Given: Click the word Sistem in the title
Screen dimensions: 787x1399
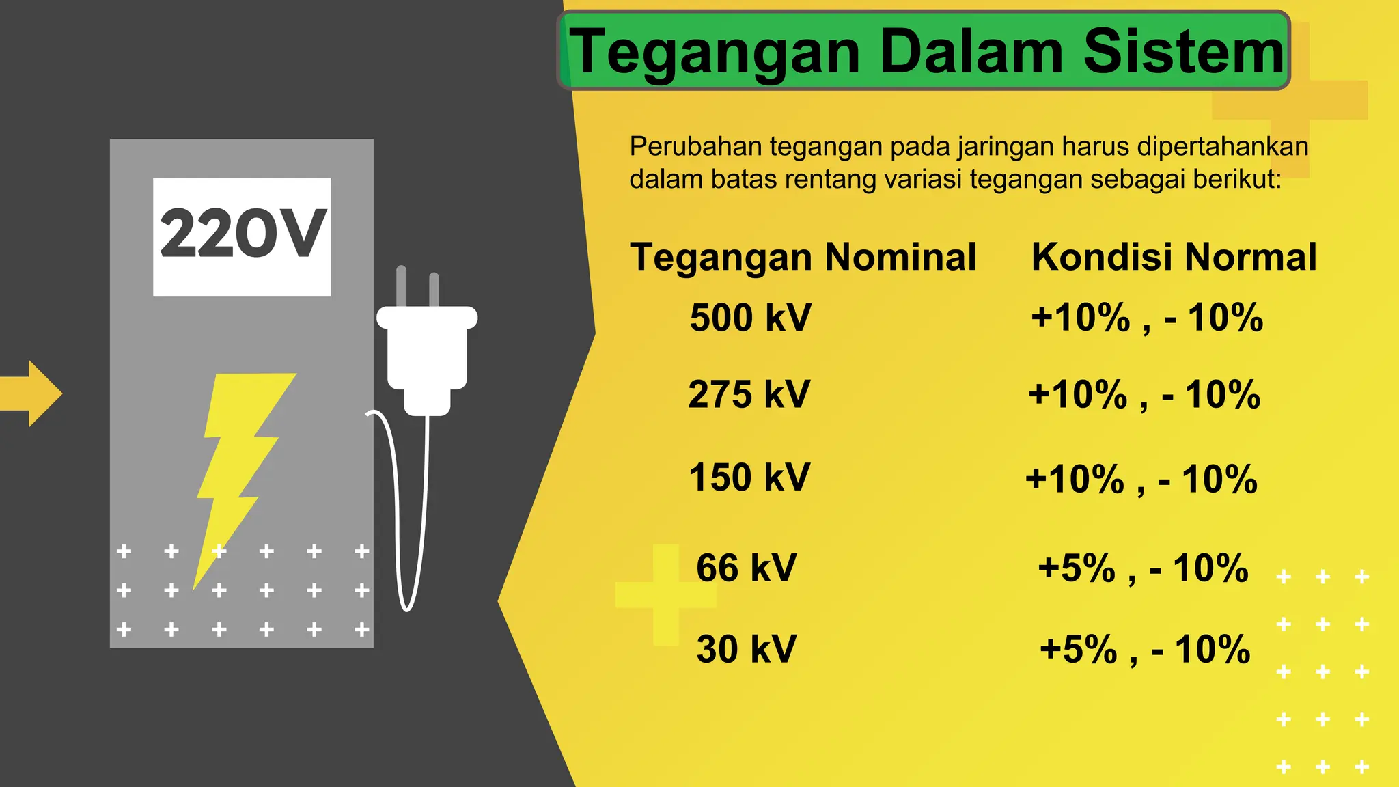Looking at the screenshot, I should [1183, 52].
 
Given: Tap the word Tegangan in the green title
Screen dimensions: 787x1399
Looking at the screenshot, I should [715, 53].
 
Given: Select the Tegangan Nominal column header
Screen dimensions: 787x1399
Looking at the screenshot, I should [803, 258].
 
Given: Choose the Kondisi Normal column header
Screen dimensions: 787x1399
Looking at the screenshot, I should [1174, 258].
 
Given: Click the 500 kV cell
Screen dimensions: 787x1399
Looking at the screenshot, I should [751, 318].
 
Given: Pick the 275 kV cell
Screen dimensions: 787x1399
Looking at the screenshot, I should [749, 395].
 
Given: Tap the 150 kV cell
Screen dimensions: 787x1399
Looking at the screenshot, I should [749, 477].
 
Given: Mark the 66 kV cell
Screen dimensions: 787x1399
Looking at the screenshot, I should [747, 568].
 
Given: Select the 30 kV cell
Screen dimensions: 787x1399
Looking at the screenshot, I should [747, 649].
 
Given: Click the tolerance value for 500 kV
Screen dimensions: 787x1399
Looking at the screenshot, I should [1147, 318].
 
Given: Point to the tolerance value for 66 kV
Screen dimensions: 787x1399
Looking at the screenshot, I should [1143, 568].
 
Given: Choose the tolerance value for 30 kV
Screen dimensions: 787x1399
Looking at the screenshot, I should [1145, 649].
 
